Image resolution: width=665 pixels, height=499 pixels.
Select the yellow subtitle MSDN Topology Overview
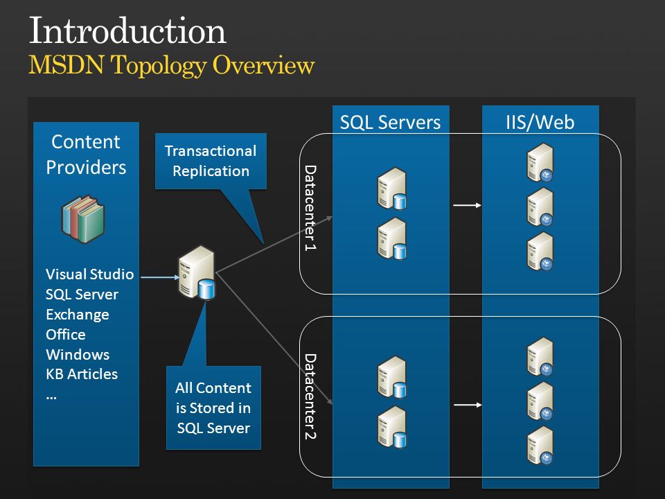click(171, 65)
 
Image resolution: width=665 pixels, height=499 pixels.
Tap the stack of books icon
click(83, 219)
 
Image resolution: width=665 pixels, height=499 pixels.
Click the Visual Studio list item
click(89, 274)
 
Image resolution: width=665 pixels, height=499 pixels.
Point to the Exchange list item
click(77, 315)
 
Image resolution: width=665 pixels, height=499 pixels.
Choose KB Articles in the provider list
click(82, 374)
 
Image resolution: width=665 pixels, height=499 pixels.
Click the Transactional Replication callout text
click(211, 161)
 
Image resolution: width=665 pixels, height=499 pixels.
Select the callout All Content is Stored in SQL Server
click(213, 408)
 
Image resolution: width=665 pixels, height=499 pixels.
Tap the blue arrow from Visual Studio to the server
click(160, 277)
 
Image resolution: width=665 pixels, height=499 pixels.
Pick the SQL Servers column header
click(390, 122)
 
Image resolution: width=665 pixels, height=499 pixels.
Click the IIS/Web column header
click(540, 122)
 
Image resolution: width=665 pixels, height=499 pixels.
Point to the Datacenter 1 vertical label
click(310, 208)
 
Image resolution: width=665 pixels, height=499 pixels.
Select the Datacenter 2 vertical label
click(310, 396)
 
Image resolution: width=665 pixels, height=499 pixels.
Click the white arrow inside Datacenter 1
click(467, 205)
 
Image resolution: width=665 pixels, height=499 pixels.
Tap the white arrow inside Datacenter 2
click(468, 405)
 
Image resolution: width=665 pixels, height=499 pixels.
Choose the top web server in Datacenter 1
click(540, 162)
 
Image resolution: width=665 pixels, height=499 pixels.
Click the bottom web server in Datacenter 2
click(540, 446)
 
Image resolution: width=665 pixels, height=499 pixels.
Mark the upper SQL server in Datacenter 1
click(392, 189)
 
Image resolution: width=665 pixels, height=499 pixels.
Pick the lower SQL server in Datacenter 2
click(392, 427)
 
